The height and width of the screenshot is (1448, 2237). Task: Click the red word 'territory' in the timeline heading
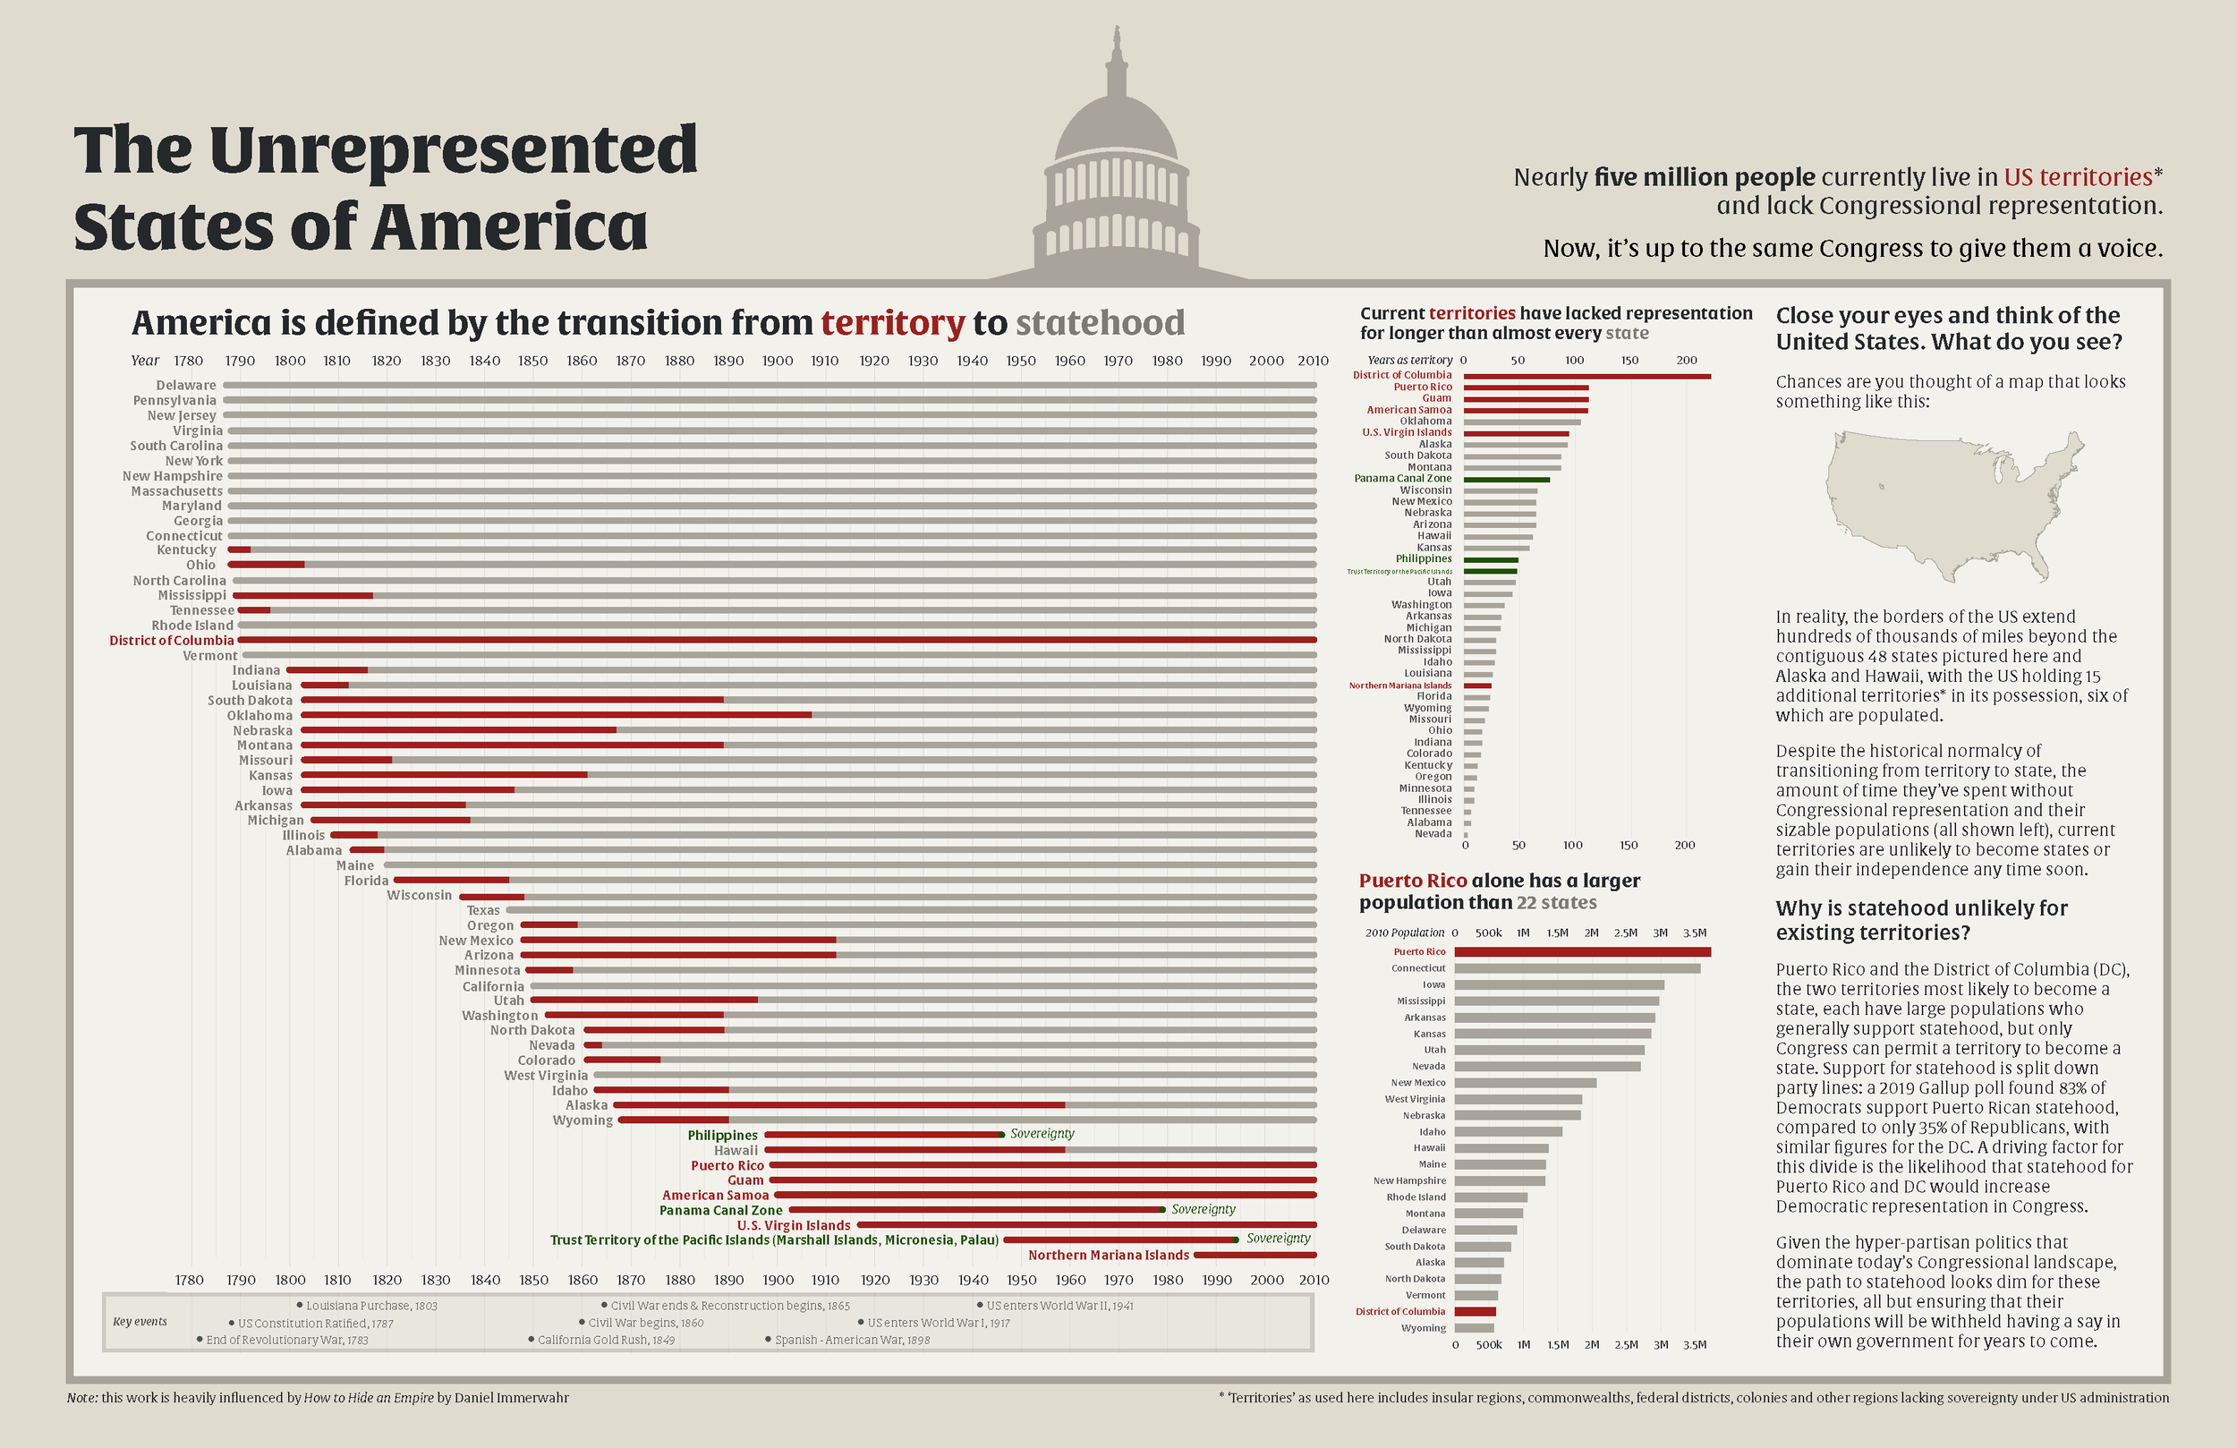892,322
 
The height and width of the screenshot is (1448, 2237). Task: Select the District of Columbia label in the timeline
171,640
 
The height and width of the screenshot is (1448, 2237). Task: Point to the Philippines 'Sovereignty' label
1042,1134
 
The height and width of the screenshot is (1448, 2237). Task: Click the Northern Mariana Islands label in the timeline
1108,1256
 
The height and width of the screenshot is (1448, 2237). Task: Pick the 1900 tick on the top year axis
778,361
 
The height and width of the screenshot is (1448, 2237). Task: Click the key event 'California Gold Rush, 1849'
604,1340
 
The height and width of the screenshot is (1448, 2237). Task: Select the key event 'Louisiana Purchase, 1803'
370,1306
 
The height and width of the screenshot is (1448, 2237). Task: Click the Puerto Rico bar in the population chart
1582,952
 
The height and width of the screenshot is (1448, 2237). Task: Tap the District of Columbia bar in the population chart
1475,1312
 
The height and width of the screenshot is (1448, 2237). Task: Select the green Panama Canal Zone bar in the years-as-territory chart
1506,480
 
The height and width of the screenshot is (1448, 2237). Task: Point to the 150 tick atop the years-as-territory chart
1629,360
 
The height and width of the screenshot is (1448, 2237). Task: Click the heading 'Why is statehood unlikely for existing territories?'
1921,921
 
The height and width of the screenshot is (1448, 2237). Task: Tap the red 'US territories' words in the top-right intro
2077,178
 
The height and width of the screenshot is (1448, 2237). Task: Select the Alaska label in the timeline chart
585,1106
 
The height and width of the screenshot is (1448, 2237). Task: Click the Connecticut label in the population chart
1417,968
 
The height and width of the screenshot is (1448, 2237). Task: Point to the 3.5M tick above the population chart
1695,933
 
